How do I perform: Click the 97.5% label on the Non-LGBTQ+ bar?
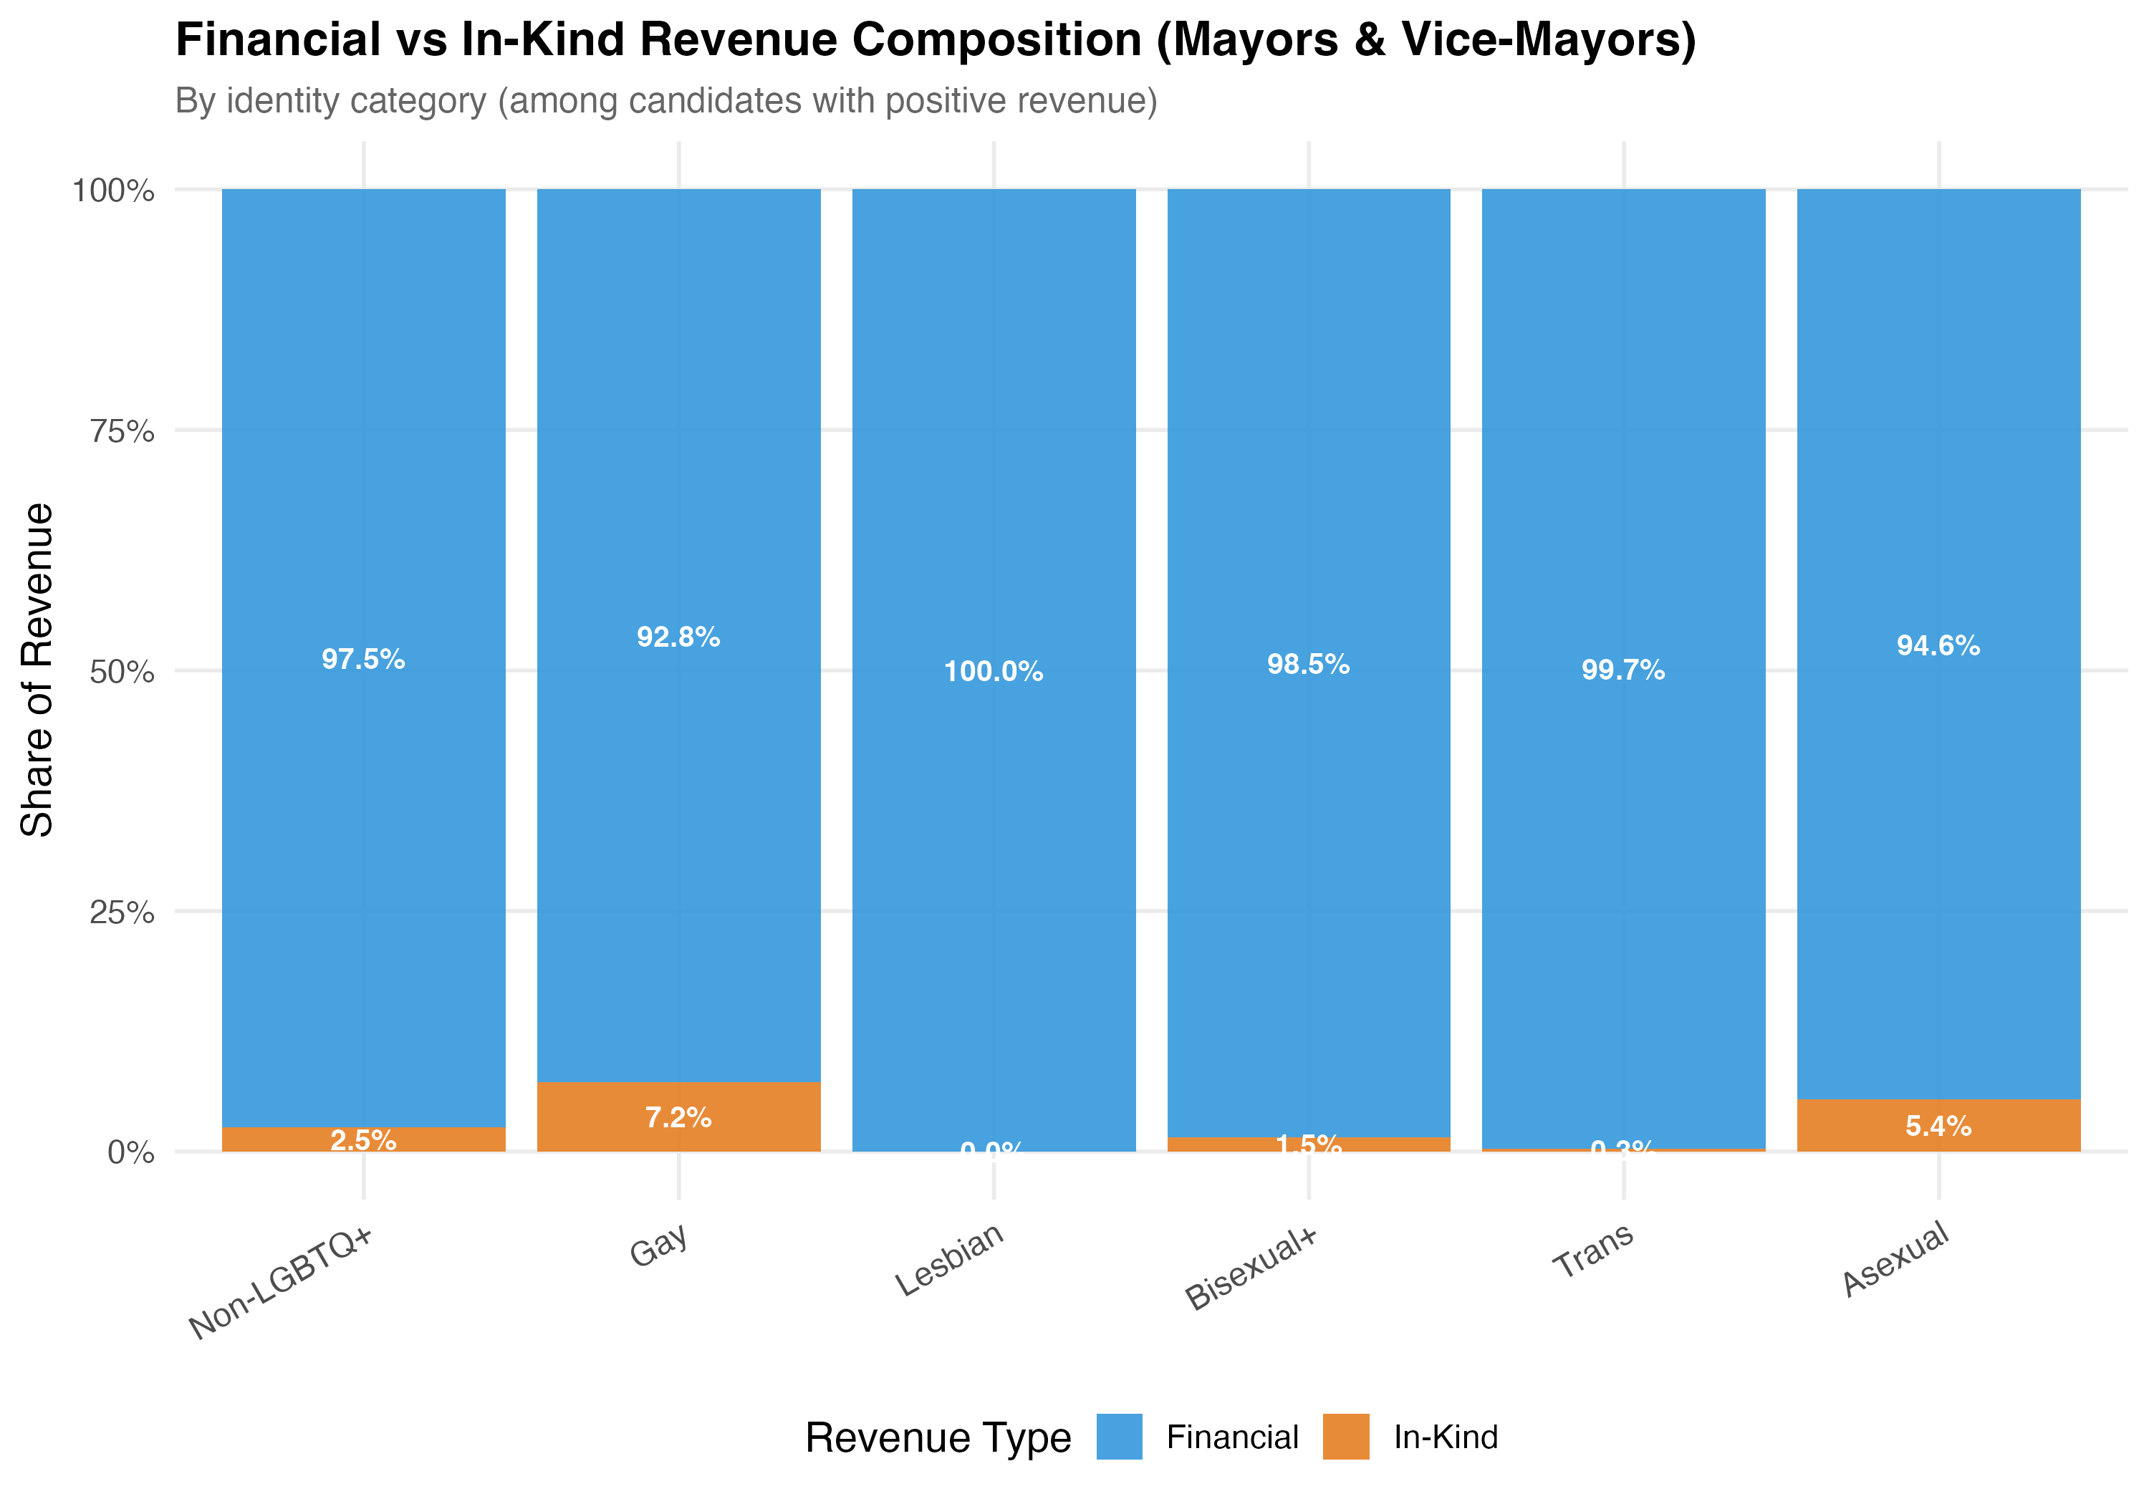tap(363, 660)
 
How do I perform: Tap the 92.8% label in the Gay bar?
tap(678, 637)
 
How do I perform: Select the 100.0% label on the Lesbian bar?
tap(993, 671)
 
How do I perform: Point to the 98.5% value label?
tap(1309, 665)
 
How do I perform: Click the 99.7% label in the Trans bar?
tap(1623, 670)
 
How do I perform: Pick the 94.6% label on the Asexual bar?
tap(1938, 646)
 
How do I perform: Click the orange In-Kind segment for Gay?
tap(678, 1117)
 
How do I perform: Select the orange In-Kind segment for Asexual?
tap(1938, 1125)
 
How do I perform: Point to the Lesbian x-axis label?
tap(950, 1260)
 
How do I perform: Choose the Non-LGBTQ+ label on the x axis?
tap(281, 1282)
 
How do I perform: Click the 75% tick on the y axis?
tap(122, 431)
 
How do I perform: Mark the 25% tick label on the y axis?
tap(122, 912)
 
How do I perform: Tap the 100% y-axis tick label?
tap(114, 191)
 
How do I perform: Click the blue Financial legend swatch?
tap(1120, 1437)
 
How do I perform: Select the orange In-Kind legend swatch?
tap(1346, 1437)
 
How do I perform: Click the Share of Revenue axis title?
tap(37, 670)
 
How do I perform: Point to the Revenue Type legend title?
tap(938, 1437)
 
